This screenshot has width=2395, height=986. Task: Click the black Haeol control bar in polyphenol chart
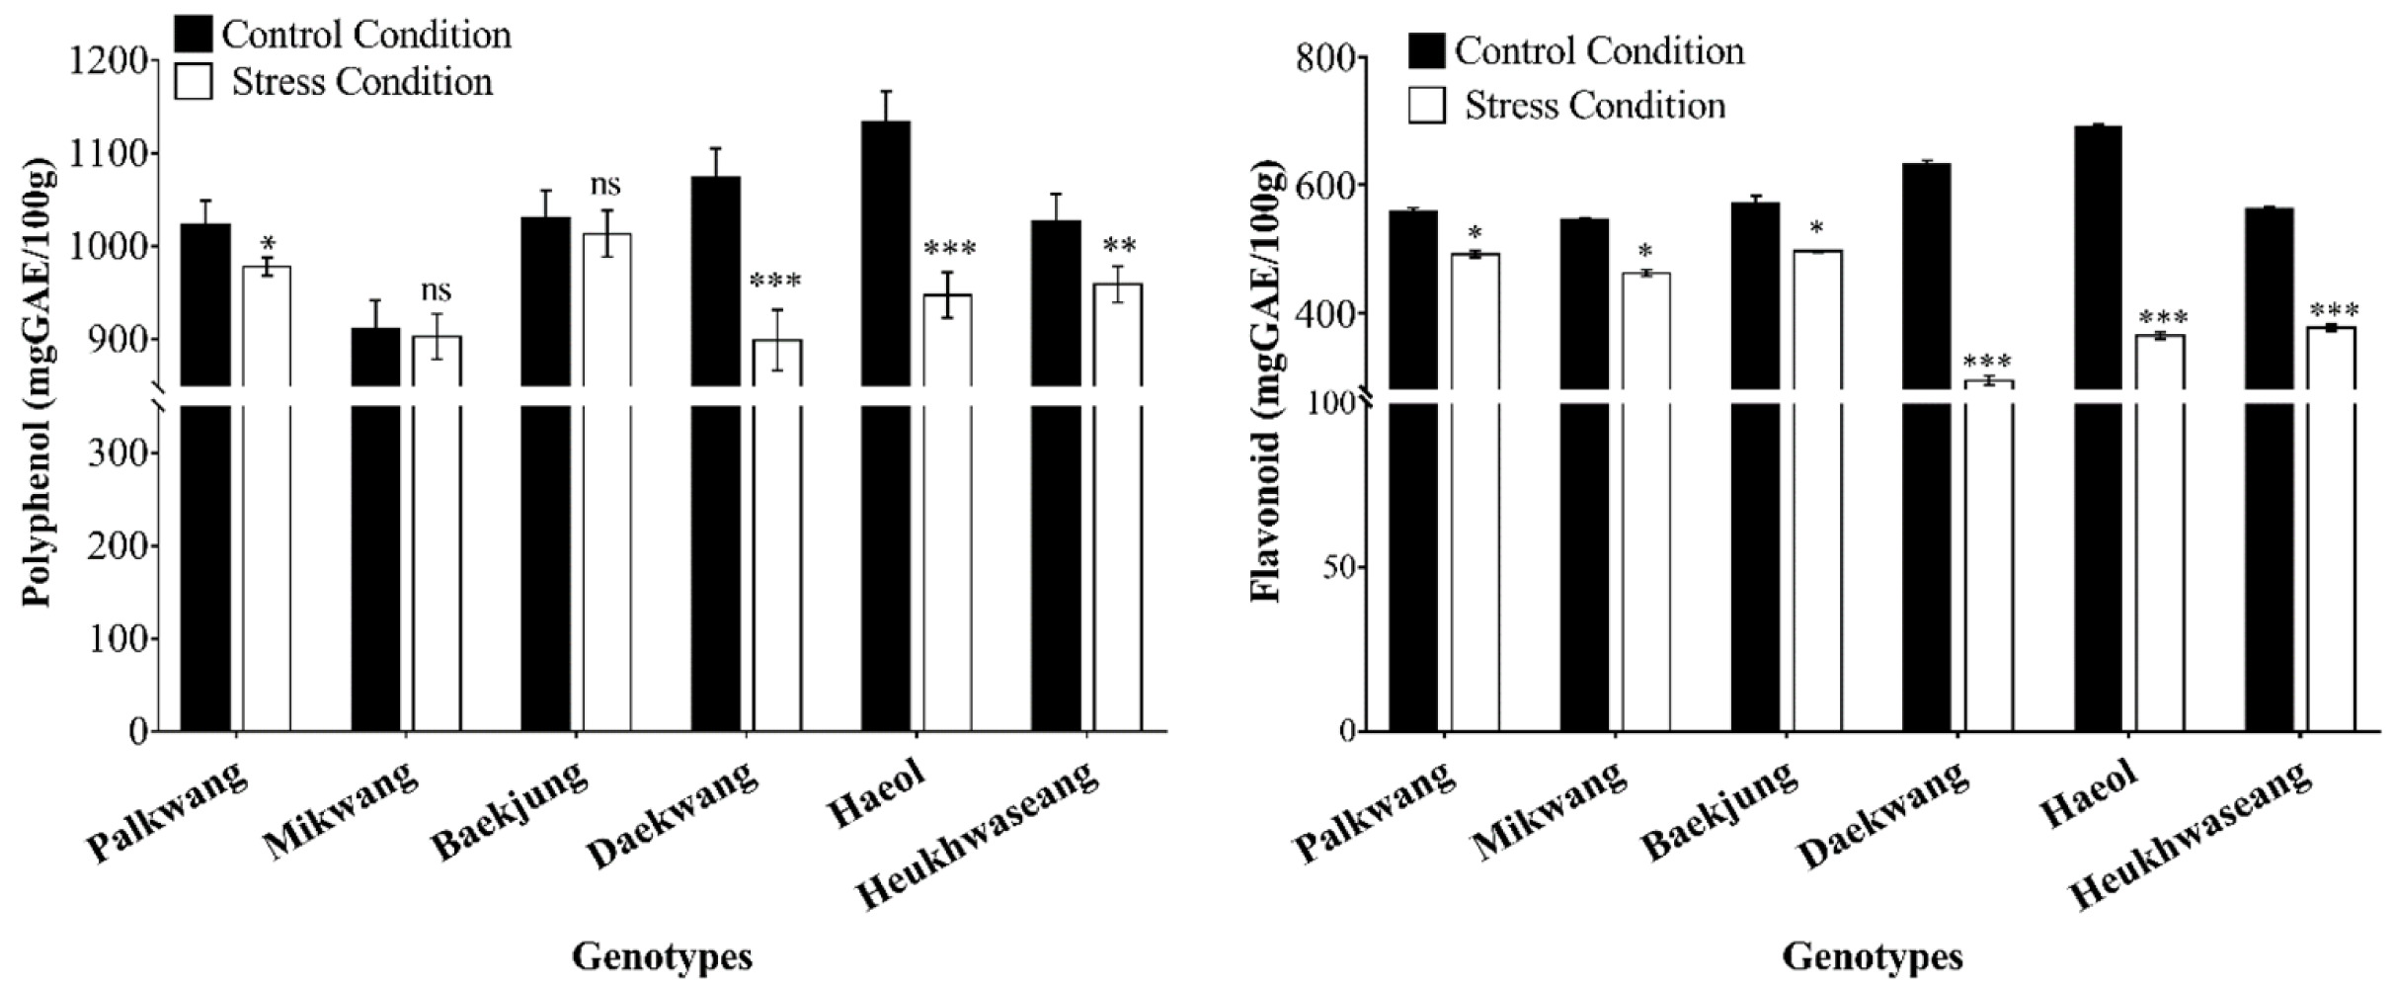click(886, 426)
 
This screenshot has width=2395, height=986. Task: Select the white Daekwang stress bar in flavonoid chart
click(1988, 555)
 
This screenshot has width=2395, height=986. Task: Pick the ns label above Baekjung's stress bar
click(605, 185)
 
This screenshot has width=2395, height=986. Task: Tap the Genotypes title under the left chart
click(662, 956)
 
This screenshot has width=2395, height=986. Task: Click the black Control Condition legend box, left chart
click(194, 34)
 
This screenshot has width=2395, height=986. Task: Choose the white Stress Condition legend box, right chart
click(1426, 105)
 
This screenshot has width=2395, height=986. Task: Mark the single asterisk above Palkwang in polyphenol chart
click(268, 243)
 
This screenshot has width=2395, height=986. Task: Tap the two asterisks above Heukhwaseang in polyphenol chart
click(1119, 246)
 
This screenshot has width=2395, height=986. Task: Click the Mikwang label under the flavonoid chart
click(1549, 811)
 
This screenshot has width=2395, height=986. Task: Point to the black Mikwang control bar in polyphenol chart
click(376, 530)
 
